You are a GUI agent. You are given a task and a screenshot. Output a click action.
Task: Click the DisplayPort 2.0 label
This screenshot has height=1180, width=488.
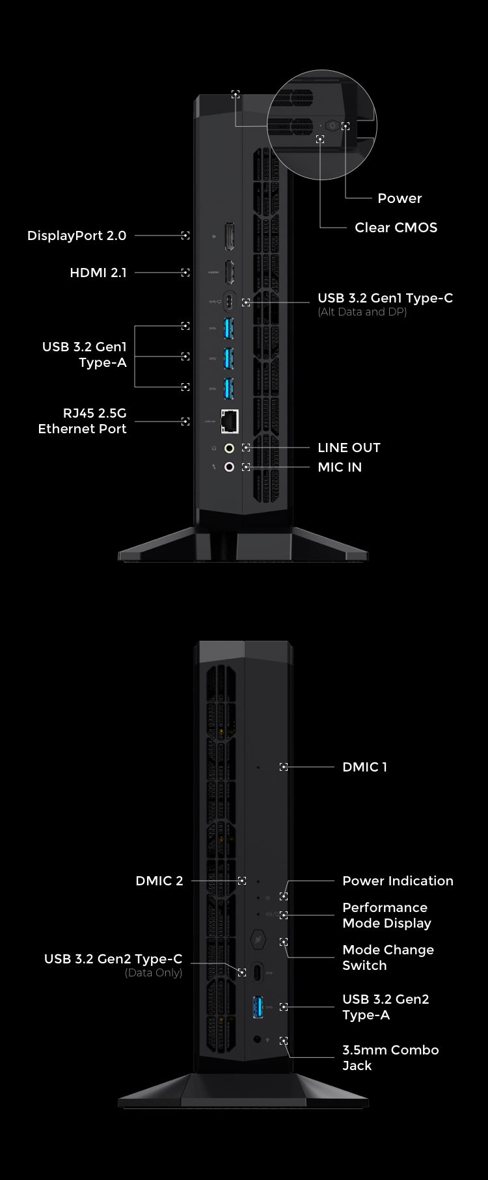(77, 235)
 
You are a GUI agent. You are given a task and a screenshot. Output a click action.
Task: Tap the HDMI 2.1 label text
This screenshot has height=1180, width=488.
(98, 273)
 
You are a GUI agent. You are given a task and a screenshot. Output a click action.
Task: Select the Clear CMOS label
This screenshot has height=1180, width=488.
(396, 228)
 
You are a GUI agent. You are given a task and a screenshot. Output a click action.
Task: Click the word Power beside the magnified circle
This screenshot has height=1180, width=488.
(400, 198)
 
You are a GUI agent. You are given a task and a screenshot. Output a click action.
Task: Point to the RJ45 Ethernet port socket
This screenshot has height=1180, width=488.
(230, 422)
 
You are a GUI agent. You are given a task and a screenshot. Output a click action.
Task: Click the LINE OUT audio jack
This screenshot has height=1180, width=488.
(229, 448)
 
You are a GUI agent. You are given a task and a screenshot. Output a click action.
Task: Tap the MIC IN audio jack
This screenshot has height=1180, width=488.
(229, 467)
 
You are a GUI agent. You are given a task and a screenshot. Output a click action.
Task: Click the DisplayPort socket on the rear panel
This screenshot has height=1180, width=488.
(229, 237)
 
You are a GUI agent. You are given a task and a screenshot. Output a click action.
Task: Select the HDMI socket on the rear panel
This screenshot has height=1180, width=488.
(229, 273)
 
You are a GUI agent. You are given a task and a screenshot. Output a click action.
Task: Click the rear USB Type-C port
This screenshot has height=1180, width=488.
(229, 301)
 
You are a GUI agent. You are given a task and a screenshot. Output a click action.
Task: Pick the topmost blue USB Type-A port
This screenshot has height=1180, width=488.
(228, 328)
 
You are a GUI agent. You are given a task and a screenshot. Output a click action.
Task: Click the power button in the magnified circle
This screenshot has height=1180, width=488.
(332, 125)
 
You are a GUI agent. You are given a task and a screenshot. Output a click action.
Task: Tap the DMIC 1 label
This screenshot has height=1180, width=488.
(364, 767)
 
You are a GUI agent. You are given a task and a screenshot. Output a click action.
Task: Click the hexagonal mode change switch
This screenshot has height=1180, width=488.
(258, 940)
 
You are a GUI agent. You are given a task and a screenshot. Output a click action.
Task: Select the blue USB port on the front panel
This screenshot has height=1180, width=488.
(258, 1007)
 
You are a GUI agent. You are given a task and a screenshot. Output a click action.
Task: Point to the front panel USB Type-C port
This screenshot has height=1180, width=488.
(258, 972)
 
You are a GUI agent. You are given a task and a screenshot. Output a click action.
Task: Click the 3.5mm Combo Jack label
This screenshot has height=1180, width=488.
(390, 1058)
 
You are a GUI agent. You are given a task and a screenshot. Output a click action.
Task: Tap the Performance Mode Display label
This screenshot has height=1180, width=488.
(386, 915)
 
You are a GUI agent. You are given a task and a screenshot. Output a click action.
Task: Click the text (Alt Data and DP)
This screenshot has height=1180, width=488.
(362, 312)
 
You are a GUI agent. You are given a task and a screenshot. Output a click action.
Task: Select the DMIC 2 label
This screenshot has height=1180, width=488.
(159, 881)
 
